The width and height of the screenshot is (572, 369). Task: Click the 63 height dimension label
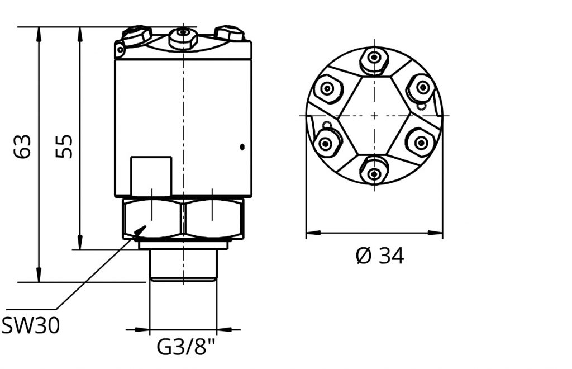tap(22, 146)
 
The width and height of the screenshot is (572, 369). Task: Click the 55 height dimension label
tap(64, 146)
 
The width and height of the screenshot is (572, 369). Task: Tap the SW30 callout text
tap(30, 325)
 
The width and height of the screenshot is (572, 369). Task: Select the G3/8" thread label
tap(186, 347)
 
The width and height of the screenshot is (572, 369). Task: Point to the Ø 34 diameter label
tap(380, 256)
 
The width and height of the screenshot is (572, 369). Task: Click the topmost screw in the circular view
tap(374, 58)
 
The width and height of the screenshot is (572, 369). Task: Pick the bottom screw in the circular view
tap(374, 174)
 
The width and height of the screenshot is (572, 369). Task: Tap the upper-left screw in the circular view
tap(327, 88)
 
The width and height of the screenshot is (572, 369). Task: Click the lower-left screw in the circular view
tap(325, 144)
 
